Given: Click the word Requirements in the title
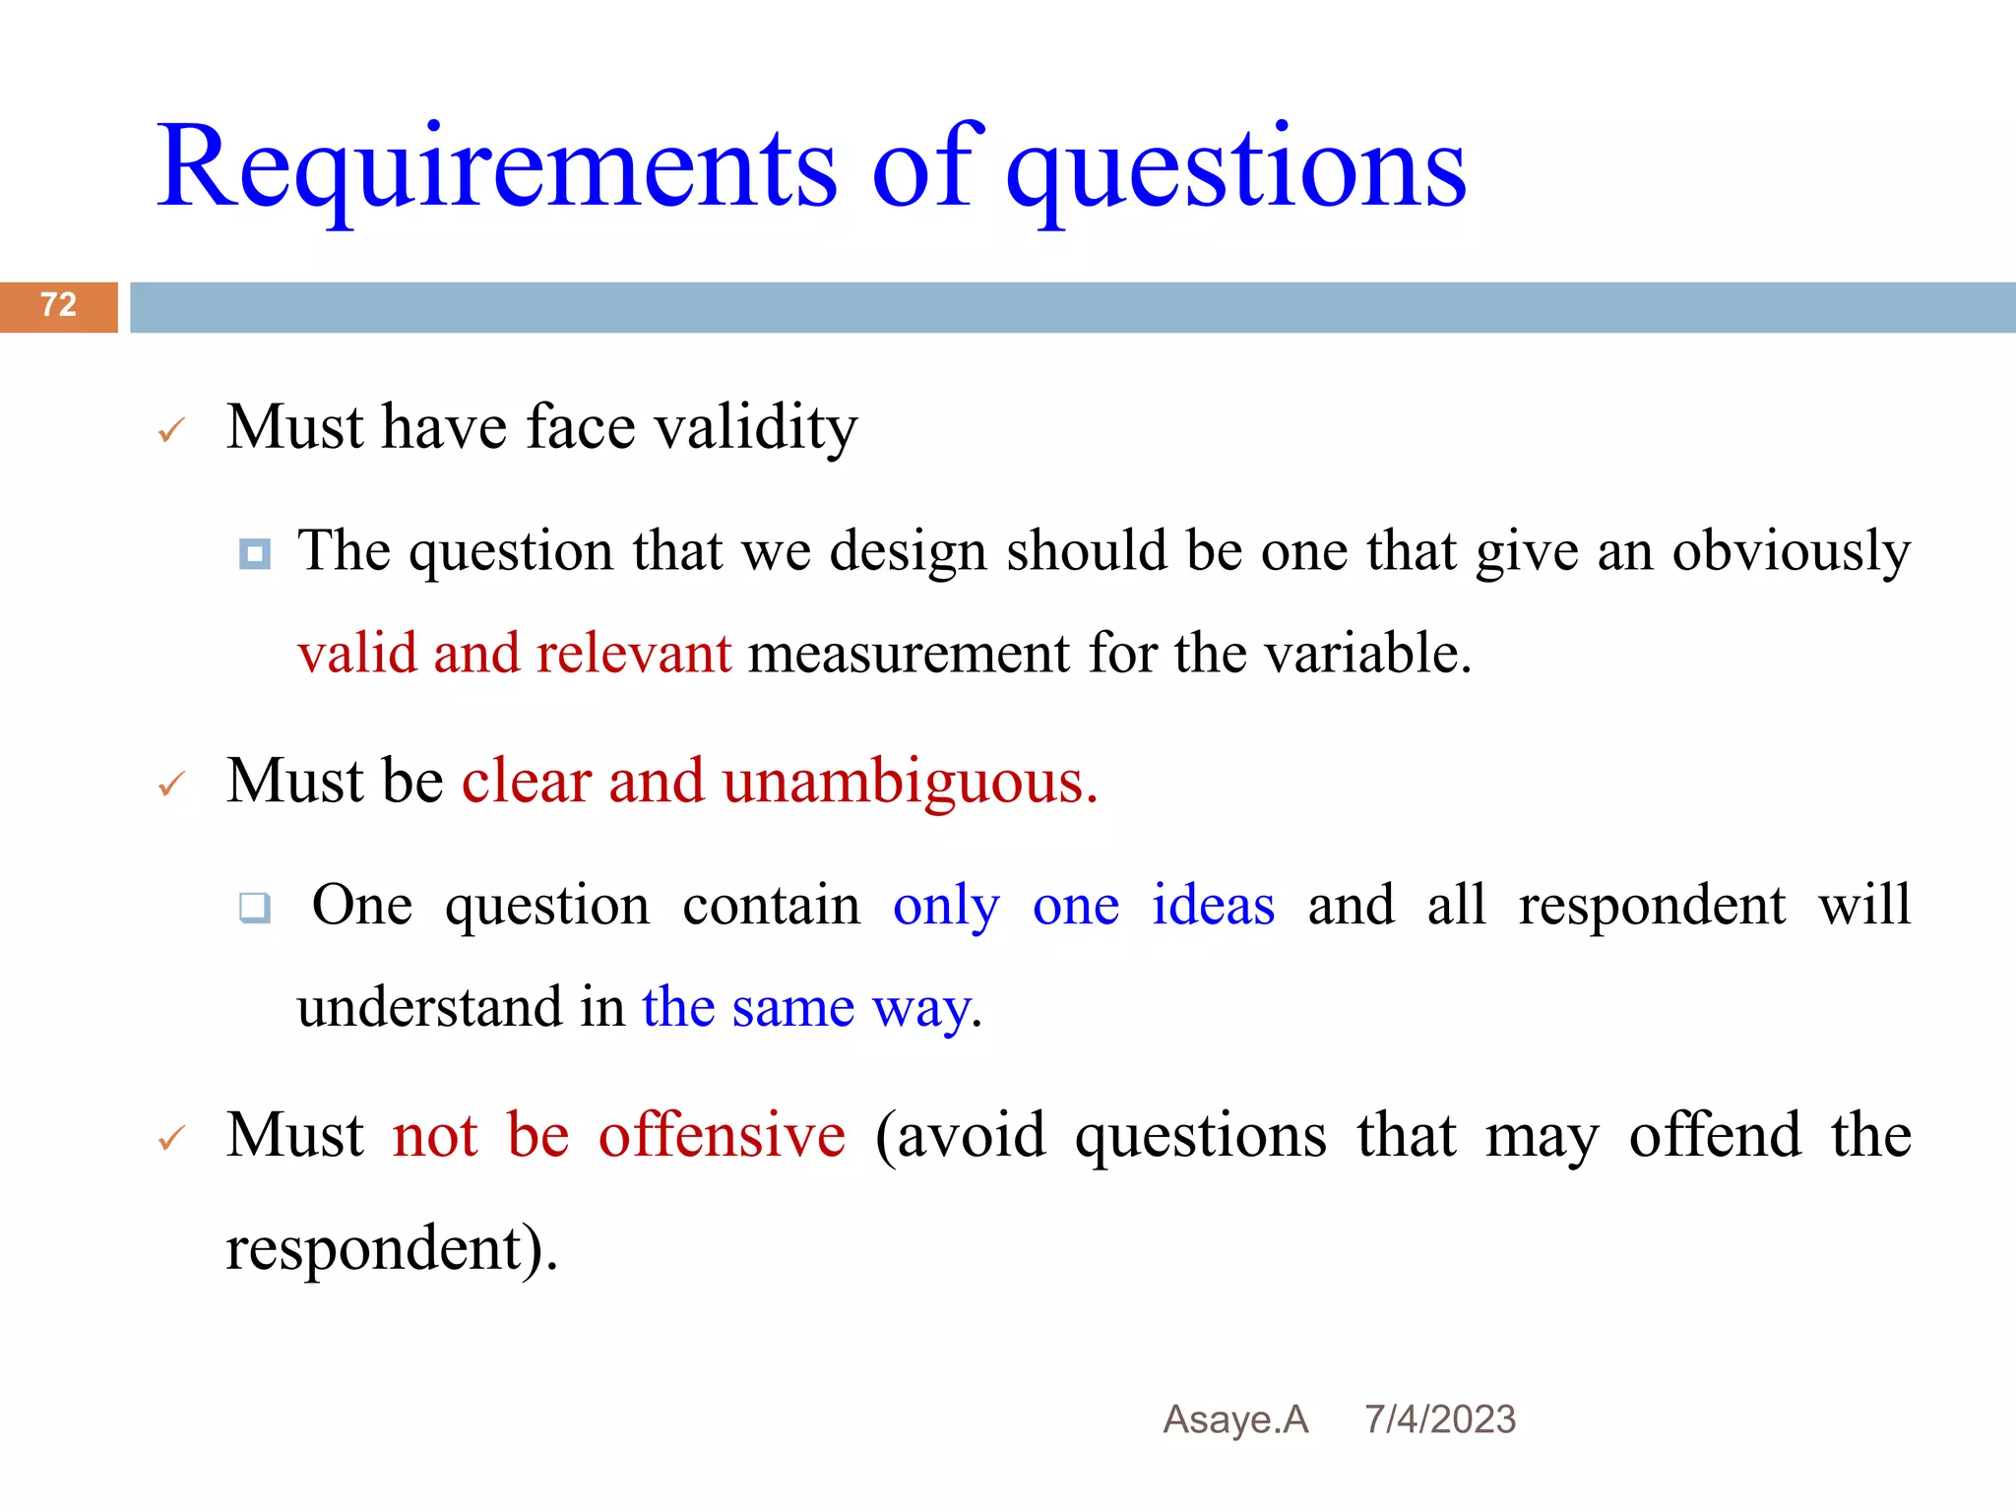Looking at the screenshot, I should [497, 167].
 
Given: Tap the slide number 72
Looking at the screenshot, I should [58, 305].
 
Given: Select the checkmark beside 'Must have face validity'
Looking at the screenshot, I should [171, 430].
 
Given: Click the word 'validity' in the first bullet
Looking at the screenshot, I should [756, 428].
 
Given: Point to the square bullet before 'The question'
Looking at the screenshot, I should [255, 554].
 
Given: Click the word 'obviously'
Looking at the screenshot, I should [1791, 551].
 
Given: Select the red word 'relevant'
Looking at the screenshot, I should [634, 654].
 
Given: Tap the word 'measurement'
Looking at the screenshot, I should [909, 654].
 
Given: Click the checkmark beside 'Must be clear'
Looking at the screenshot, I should [171, 785].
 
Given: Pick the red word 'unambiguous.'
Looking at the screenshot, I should [910, 783].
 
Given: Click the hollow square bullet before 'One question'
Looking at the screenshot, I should [255, 907].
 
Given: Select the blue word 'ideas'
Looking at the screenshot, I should [1213, 905].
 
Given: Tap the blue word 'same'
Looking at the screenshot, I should [792, 1008].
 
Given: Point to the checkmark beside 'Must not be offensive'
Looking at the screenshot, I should [171, 1139].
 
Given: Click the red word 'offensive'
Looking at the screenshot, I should [722, 1135].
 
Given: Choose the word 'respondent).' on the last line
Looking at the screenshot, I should [392, 1249].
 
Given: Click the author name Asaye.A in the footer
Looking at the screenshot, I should [1235, 1419].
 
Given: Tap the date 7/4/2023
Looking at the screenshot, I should [1439, 1419].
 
